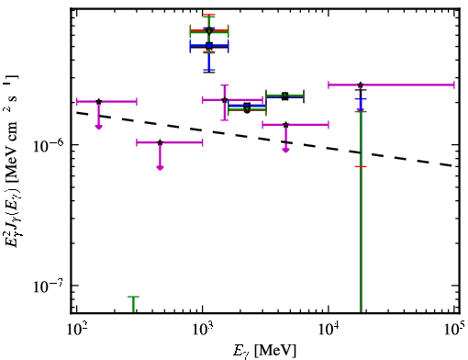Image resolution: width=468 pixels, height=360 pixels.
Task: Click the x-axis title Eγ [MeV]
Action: pos(264,351)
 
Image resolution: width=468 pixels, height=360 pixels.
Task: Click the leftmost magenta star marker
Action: pos(98,102)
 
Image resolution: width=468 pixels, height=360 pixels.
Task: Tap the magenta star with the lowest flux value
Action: pos(160,142)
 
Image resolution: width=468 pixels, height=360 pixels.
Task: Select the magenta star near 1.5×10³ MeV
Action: pos(225,100)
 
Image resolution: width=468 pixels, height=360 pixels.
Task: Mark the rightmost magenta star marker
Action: pos(361,84)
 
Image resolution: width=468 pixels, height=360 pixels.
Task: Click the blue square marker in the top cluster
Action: pos(209,46)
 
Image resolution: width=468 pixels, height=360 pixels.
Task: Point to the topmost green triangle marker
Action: pos(209,31)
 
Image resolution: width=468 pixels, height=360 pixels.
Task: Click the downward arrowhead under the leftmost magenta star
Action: pos(98,127)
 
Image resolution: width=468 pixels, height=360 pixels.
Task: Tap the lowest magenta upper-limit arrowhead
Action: pos(160,167)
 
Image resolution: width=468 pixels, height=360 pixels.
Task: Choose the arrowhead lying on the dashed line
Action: pos(285,150)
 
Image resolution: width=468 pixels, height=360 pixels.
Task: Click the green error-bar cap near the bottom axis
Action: pos(133,297)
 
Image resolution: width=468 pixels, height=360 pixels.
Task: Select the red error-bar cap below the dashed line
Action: pos(361,166)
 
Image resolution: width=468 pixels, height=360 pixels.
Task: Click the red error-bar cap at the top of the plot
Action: pos(209,15)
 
